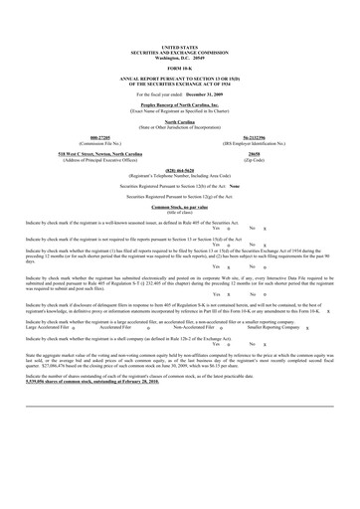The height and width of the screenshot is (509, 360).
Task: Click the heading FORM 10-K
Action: (179, 39)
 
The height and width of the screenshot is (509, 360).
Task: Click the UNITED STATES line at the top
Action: (179, 19)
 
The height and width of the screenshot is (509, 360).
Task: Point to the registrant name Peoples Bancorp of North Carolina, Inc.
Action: (179, 75)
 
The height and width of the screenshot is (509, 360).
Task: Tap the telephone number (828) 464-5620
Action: (179, 140)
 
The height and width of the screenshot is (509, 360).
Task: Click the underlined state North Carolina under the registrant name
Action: (179, 91)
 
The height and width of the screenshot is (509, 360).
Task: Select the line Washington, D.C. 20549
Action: (179, 29)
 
